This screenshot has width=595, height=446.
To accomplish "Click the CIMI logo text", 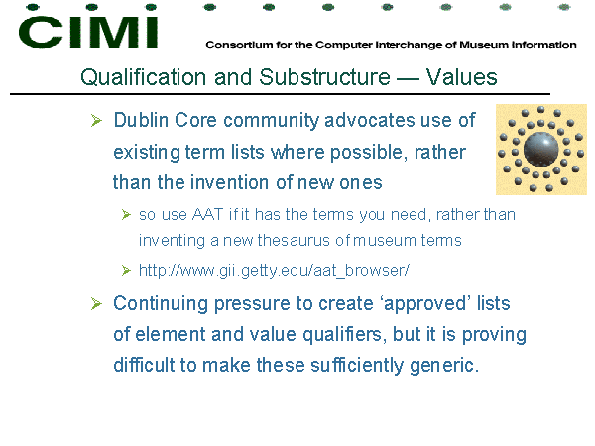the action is tap(88, 32).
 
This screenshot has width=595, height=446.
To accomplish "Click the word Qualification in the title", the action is tap(144, 77).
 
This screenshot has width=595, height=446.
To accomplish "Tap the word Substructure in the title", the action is tap(324, 77).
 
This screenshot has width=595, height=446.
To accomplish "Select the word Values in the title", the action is tap(461, 77).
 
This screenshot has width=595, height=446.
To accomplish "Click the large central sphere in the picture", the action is tap(541, 149).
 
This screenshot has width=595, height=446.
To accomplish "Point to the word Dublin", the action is tap(141, 120).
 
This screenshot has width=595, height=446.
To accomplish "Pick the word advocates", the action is tap(369, 120).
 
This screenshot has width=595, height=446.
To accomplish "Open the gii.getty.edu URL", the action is tap(274, 271).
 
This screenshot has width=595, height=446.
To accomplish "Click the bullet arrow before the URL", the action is tap(126, 270).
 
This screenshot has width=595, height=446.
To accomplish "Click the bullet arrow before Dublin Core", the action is tap(96, 121).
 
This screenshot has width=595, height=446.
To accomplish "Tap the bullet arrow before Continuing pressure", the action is tap(96, 304).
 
